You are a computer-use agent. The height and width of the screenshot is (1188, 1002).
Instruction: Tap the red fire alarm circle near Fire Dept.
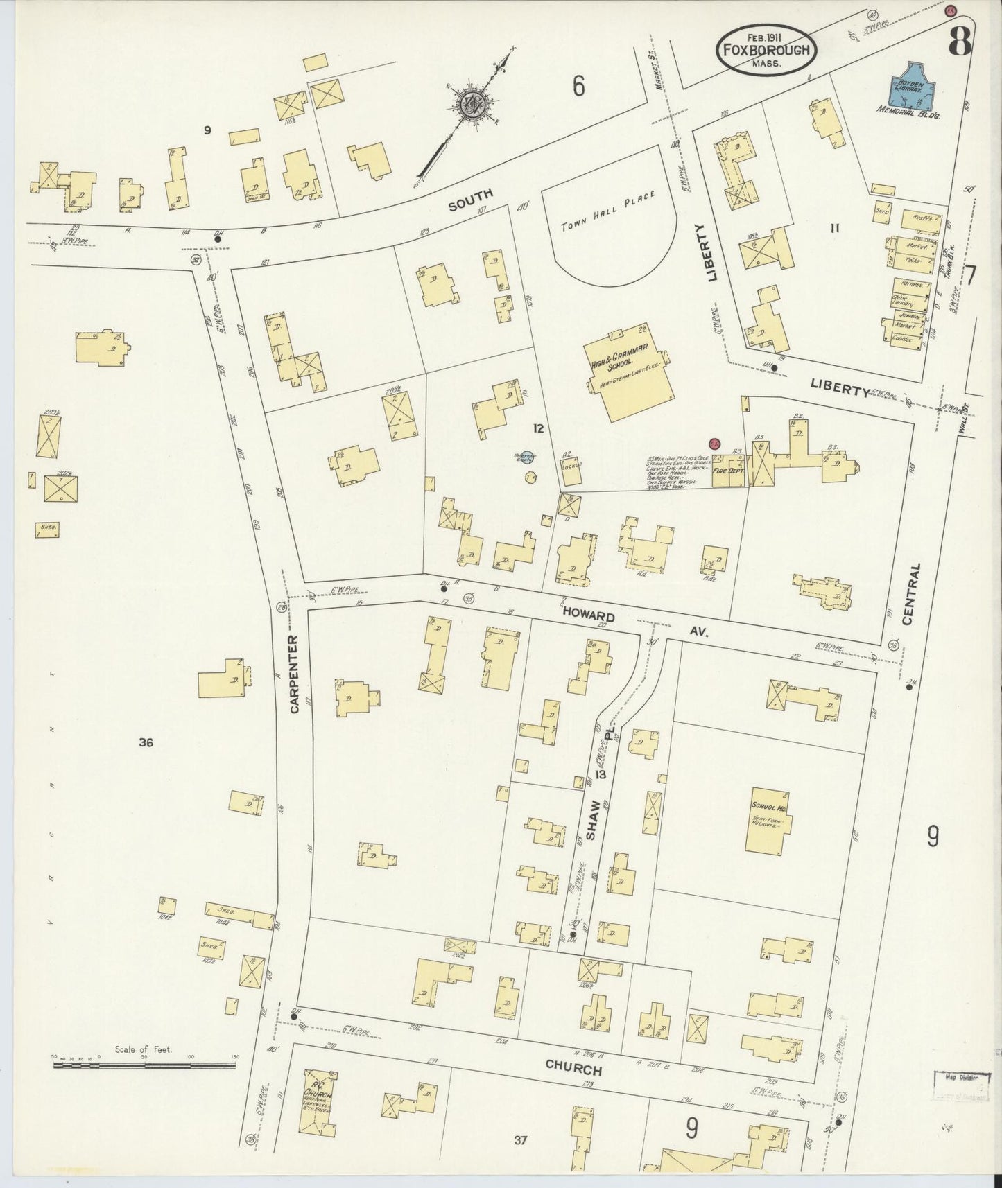tap(715, 444)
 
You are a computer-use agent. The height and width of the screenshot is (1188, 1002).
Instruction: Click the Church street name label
tap(572, 1067)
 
